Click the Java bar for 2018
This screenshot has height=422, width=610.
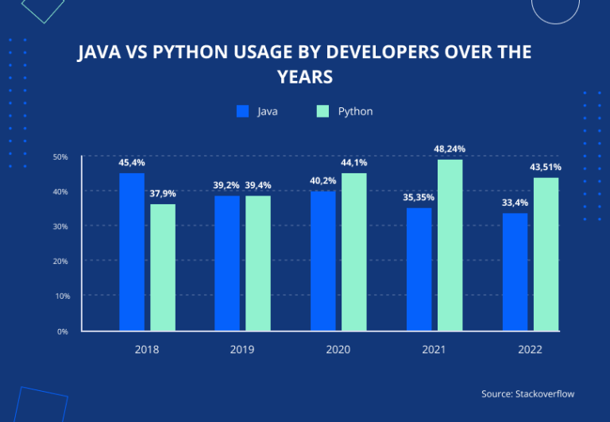tap(132, 251)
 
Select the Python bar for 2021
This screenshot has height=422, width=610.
tap(450, 245)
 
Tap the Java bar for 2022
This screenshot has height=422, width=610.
tap(515, 271)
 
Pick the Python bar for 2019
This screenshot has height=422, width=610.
tap(258, 262)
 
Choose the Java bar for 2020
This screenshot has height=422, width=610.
tap(322, 260)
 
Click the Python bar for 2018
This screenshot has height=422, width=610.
tap(163, 267)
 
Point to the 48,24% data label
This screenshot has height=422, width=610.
tap(449, 149)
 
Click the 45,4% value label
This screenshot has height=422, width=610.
tap(132, 162)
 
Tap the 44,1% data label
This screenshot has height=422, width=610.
tap(353, 162)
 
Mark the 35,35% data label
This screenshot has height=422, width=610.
tap(419, 197)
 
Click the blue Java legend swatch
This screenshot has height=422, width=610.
tap(243, 111)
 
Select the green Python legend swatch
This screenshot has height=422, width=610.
tap(322, 111)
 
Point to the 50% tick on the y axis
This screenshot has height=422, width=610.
tap(60, 157)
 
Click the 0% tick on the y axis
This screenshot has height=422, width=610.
tap(63, 331)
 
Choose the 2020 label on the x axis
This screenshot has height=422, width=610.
tap(338, 349)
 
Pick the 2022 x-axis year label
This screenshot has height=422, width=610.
tap(531, 349)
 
